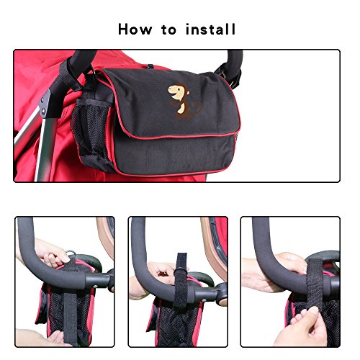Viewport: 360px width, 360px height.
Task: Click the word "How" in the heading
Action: tap(135, 30)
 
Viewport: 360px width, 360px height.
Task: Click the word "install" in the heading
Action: tap(210, 30)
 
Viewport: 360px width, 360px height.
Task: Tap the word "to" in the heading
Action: tap(169, 30)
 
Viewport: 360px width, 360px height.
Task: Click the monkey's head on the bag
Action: tap(179, 91)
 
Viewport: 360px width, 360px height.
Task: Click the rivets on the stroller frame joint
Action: tap(43, 106)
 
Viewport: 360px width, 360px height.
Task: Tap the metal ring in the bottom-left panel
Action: tap(71, 254)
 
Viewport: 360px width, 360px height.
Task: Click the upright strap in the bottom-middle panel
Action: tap(181, 281)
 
